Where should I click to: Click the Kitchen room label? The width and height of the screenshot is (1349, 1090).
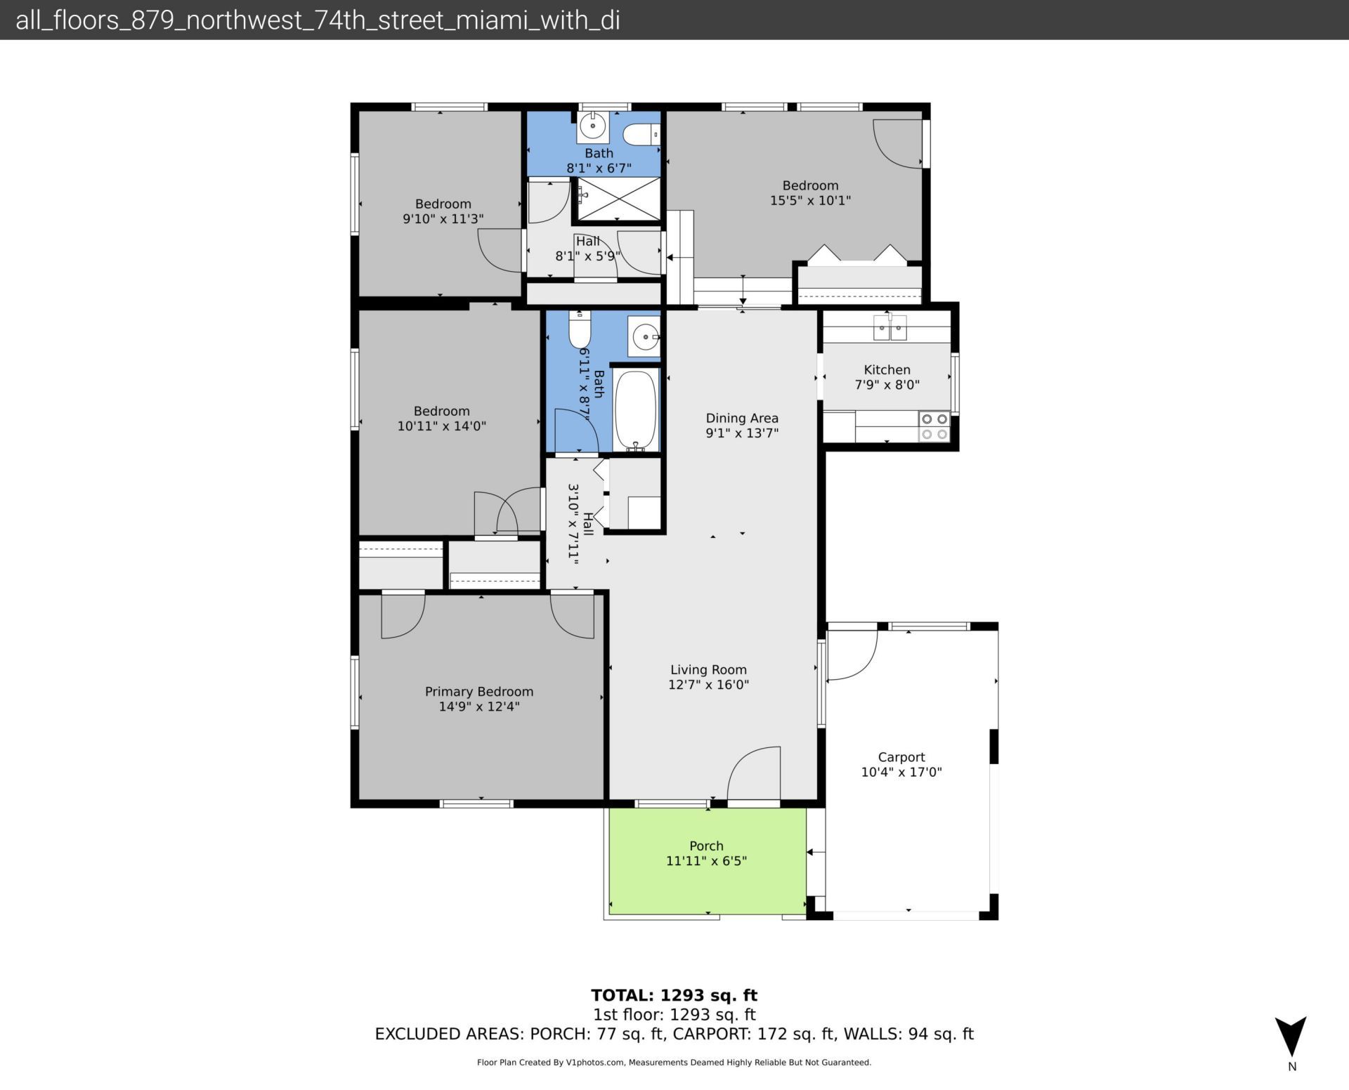(x=887, y=369)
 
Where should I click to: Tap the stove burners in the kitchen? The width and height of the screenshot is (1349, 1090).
(x=934, y=426)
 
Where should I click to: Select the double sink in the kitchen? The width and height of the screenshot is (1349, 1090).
(x=889, y=327)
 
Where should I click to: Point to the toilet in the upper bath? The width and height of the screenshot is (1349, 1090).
(x=641, y=133)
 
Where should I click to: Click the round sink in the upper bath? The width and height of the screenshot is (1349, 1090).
(x=593, y=127)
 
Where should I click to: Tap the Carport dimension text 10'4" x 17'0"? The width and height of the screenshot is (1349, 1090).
(x=901, y=772)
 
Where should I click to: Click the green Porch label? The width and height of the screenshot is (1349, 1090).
(x=706, y=846)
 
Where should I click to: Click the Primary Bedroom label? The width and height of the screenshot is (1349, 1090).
(x=479, y=691)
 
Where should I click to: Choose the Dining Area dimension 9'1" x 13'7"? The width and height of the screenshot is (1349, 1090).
(x=742, y=433)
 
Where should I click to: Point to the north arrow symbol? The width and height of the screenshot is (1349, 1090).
(x=1291, y=1036)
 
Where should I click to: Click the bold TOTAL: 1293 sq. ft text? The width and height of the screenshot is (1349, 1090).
(x=674, y=994)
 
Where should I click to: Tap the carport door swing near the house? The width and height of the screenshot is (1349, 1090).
(x=852, y=655)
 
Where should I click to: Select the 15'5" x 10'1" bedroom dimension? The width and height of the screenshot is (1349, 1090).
(x=810, y=200)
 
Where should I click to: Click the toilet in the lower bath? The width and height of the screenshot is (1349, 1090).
(x=580, y=331)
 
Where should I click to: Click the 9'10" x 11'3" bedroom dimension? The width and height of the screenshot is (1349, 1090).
(x=443, y=218)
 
